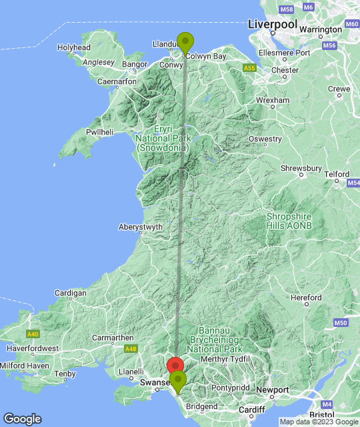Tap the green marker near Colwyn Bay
tap(185, 42)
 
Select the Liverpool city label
tap(272, 24)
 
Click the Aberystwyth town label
tap(141, 227)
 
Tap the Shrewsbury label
tap(301, 168)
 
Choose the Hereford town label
tap(307, 298)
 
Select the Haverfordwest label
tap(33, 348)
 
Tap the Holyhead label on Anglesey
tap(74, 48)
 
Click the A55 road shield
tap(249, 68)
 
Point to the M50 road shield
tap(340, 323)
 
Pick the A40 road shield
tap(33, 334)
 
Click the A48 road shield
tap(130, 348)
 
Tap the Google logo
tap(21, 418)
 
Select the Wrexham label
tap(273, 100)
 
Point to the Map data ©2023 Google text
tap(319, 422)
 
